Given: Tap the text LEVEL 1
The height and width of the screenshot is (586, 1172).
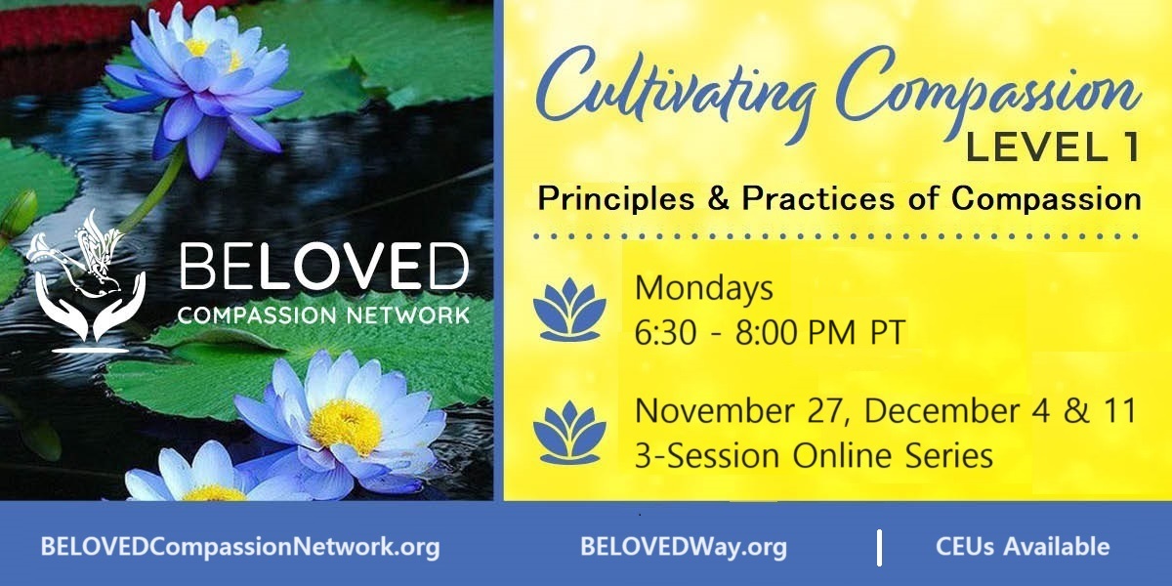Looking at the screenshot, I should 1051,150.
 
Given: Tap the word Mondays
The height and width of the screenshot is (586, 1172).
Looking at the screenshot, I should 703,289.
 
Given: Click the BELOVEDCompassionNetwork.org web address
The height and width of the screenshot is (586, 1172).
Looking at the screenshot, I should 240,547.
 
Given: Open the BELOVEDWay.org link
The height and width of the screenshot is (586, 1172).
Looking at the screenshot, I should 683,547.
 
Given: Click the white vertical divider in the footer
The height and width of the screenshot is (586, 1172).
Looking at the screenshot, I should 879,547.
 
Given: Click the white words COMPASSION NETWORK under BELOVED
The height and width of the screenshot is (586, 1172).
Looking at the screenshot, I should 323,315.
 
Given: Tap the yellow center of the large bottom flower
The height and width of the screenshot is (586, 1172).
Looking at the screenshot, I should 345,426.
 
